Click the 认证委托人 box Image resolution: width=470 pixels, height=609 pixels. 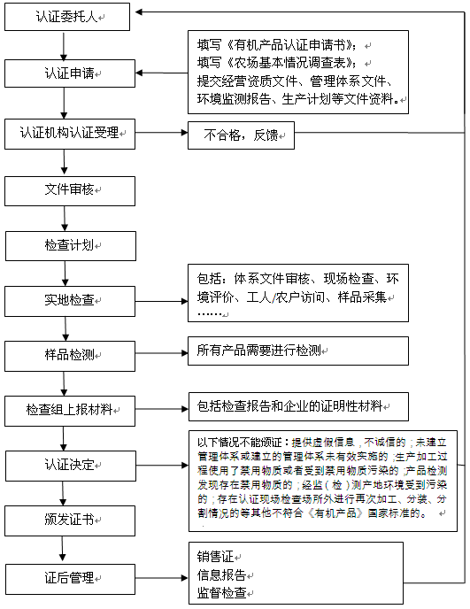[x=71, y=16]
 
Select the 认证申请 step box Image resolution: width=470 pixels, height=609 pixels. [x=71, y=73]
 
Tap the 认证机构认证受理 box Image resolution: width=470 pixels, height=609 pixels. [x=71, y=134]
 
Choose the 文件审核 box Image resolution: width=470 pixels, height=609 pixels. [x=71, y=190]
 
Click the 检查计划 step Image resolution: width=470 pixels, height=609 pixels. [x=71, y=246]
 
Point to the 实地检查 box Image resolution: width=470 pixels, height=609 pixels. [x=71, y=300]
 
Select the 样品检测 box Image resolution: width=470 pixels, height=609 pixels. [x=71, y=356]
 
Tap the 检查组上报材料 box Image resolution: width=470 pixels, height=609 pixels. [x=71, y=411]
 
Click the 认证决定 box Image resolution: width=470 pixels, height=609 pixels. [x=71, y=465]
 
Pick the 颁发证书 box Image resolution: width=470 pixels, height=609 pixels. [x=71, y=520]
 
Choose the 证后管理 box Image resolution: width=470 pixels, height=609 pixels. [x=71, y=579]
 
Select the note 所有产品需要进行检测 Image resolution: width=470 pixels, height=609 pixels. [x=298, y=351]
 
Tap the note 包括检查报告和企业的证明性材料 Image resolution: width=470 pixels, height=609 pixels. [x=298, y=406]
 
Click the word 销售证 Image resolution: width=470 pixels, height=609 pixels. [x=215, y=557]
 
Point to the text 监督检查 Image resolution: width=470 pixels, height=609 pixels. [x=221, y=592]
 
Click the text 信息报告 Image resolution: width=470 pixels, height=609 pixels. [x=221, y=574]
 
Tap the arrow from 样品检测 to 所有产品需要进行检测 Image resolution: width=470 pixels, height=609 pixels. [x=161, y=351]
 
